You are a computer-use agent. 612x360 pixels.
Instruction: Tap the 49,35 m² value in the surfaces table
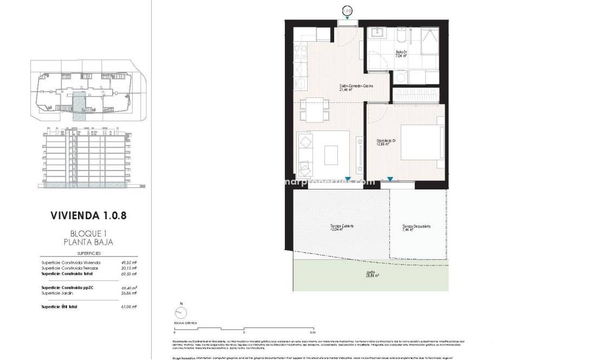point(129,263)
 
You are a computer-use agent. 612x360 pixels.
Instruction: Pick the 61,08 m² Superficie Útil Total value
point(129,306)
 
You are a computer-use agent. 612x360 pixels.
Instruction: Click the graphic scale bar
point(244,328)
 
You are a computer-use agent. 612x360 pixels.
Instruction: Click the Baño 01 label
point(401,54)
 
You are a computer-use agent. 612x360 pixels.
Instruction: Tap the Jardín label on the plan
point(370,274)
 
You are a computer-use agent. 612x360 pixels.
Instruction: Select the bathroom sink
point(376,34)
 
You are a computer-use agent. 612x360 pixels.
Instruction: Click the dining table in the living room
point(313,110)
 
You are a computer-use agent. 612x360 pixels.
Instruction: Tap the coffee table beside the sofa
point(331,155)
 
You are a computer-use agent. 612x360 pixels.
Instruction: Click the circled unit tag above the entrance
point(347,10)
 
